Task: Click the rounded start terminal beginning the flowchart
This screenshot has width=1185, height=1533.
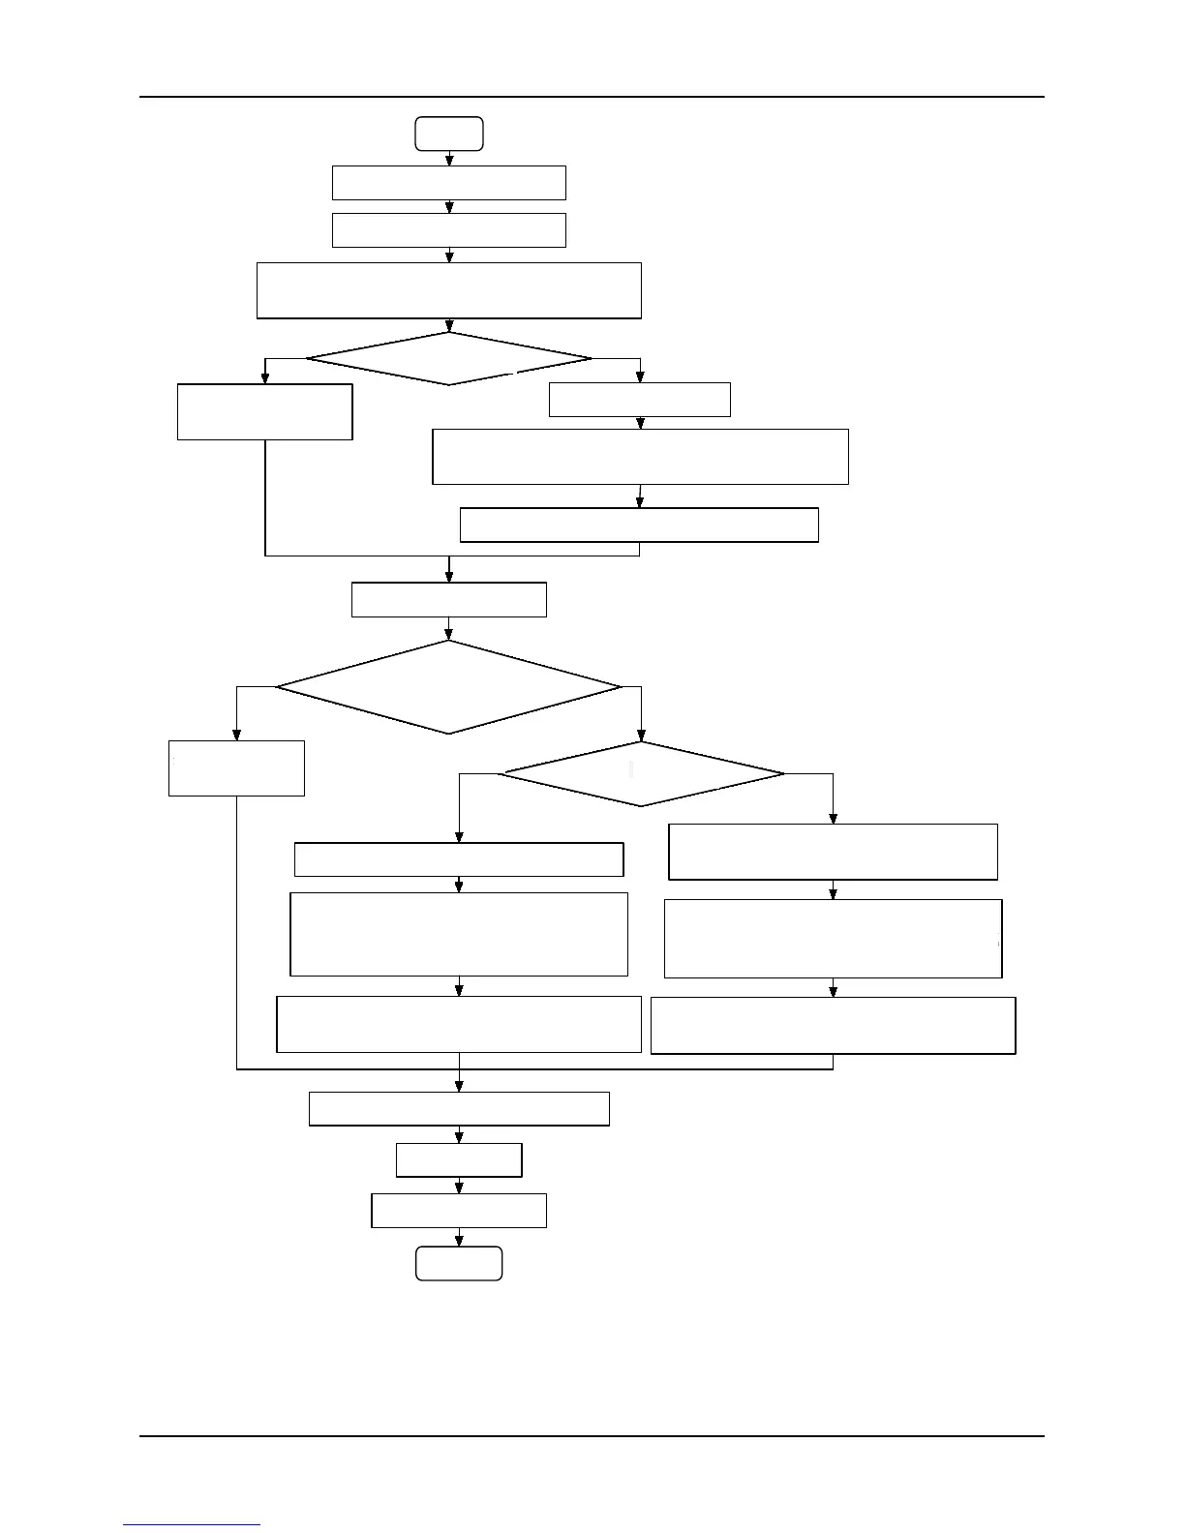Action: pyautogui.click(x=449, y=134)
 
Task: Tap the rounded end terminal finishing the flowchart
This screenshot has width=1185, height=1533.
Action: pyautogui.click(x=459, y=1264)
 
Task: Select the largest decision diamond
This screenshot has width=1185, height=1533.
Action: pyautogui.click(x=448, y=687)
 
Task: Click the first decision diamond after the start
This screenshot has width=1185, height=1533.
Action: pyautogui.click(x=448, y=359)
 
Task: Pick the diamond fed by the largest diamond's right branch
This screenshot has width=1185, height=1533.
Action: pyautogui.click(x=641, y=774)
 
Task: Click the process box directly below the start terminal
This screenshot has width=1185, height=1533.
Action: pyautogui.click(x=448, y=183)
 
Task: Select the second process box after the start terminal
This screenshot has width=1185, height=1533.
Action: pyautogui.click(x=448, y=230)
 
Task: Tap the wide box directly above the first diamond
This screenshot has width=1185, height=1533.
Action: pyautogui.click(x=448, y=290)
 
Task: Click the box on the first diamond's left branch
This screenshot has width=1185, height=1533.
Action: pyautogui.click(x=264, y=412)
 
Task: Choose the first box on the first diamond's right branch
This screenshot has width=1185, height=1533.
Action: pyautogui.click(x=639, y=400)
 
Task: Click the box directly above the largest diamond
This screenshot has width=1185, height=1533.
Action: pyautogui.click(x=448, y=599)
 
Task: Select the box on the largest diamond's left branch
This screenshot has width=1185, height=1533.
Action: pyautogui.click(x=236, y=768)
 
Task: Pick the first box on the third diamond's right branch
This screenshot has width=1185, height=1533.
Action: pyautogui.click(x=833, y=852)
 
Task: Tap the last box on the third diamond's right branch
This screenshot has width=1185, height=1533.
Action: pyautogui.click(x=833, y=1025)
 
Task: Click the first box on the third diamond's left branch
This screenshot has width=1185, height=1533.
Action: pyautogui.click(x=458, y=859)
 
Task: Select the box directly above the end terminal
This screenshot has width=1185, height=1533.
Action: pyautogui.click(x=459, y=1211)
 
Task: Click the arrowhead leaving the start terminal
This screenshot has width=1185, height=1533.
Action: pyautogui.click(x=449, y=160)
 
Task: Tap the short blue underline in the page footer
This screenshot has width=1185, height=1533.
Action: pyautogui.click(x=192, y=1524)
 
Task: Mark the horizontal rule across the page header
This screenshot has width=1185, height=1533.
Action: pyautogui.click(x=592, y=97)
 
